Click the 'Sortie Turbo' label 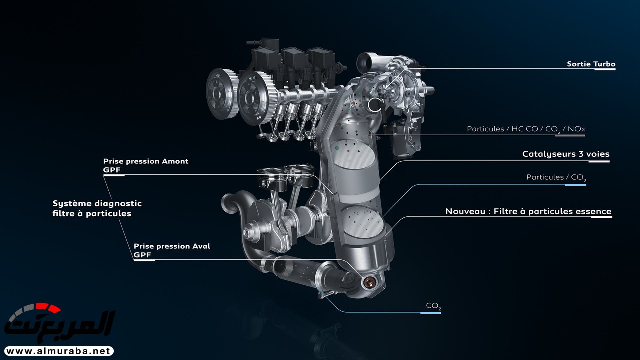(x=591, y=64)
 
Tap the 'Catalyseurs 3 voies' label (x=566, y=154)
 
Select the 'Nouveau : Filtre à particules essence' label (x=528, y=211)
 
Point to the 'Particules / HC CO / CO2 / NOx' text (x=526, y=129)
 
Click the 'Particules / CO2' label (x=556, y=177)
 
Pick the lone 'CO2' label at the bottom (x=433, y=306)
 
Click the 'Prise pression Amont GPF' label (x=146, y=165)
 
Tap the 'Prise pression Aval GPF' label (x=172, y=250)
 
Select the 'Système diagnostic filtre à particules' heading (x=97, y=208)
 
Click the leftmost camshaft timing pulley (x=221, y=93)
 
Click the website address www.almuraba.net (x=59, y=351)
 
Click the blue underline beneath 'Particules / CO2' (x=575, y=185)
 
